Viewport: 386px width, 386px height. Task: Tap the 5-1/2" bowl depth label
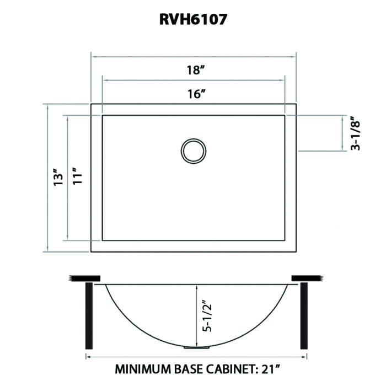[206, 316]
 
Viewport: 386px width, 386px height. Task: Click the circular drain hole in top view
[194, 150]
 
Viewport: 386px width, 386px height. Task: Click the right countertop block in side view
[305, 277]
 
